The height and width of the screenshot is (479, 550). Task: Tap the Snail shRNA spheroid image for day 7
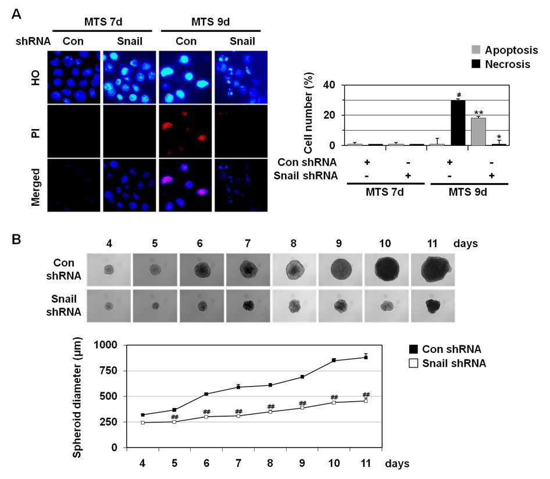pos(248,306)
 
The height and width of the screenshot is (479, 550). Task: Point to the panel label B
pos(17,238)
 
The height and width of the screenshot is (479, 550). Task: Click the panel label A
pos(17,15)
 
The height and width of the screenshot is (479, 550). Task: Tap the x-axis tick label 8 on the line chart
pos(270,463)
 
